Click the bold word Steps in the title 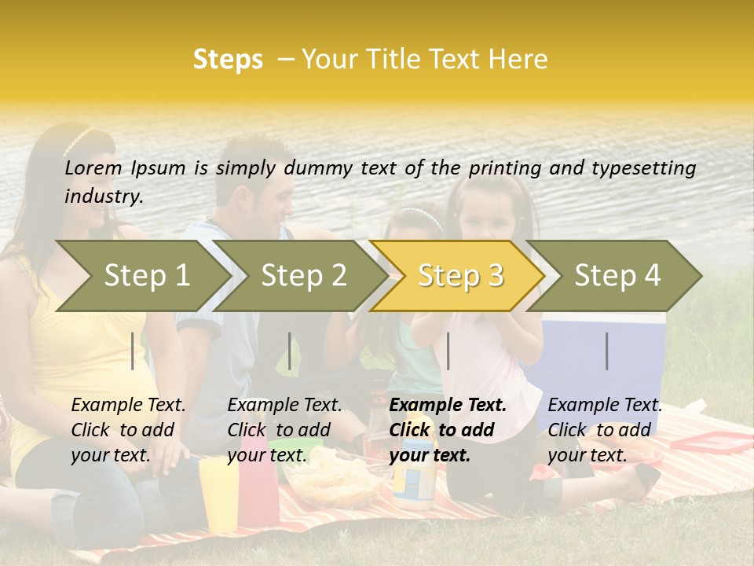228,59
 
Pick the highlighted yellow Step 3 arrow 459,275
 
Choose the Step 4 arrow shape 617,275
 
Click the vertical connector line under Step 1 133,351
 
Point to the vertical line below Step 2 290,351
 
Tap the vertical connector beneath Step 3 448,351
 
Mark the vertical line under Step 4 606,351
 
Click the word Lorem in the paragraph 93,167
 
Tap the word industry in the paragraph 103,197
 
